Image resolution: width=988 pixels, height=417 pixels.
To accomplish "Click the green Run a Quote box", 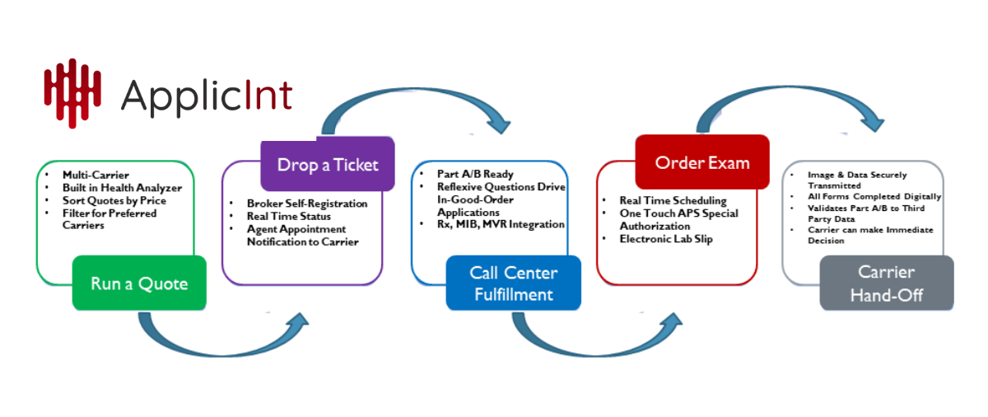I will pos(139,283).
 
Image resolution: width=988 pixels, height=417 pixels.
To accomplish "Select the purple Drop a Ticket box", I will pos(328,164).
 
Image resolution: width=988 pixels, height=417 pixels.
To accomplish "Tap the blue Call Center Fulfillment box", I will pos(513,283).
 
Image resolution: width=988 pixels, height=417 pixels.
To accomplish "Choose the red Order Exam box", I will pos(702,162).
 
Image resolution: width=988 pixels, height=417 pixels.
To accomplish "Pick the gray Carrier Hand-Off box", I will pos(886,283).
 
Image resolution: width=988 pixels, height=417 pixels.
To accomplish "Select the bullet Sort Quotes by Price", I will pos(114,200).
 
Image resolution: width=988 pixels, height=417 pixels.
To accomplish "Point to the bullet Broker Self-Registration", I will pos(307,203).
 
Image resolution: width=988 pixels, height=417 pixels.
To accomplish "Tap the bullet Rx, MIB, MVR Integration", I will pos(501,224).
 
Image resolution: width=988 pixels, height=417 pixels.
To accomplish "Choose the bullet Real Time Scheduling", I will pos(673,201).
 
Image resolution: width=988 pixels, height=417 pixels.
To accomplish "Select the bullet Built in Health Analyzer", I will pos(122,188).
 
